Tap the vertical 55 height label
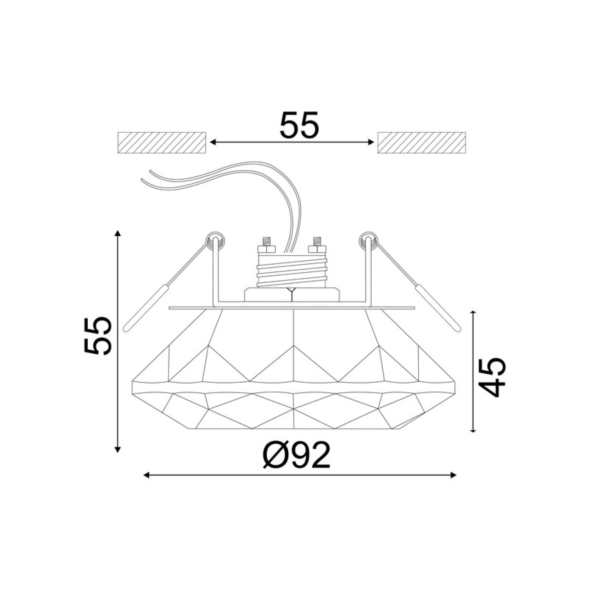(98, 335)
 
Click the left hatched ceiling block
(162, 142)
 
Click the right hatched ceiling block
(421, 142)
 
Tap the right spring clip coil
(368, 240)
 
